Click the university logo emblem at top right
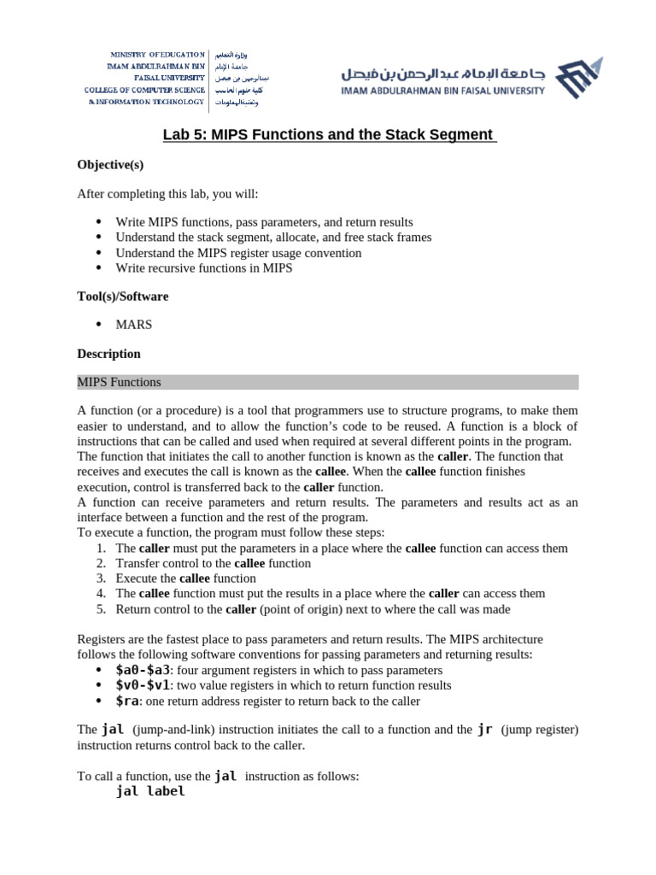pos(578,78)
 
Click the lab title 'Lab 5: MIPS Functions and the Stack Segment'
pos(330,135)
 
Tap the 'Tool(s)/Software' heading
pos(122,296)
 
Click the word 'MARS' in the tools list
pos(134,325)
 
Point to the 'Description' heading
pos(108,354)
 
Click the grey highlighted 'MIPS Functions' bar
pos(327,382)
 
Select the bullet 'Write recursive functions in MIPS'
pos(203,267)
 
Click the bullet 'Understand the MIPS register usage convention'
pos(238,253)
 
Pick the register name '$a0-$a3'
pos(143,670)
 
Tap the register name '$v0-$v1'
pos(143,685)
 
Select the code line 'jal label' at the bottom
pos(150,791)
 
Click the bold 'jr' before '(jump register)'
pos(484,730)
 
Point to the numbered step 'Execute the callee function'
pos(185,578)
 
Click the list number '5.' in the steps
pos(100,609)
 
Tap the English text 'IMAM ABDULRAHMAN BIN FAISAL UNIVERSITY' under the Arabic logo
pos(442,91)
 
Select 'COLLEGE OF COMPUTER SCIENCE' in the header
pos(144,90)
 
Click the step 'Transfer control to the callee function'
pos(213,563)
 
